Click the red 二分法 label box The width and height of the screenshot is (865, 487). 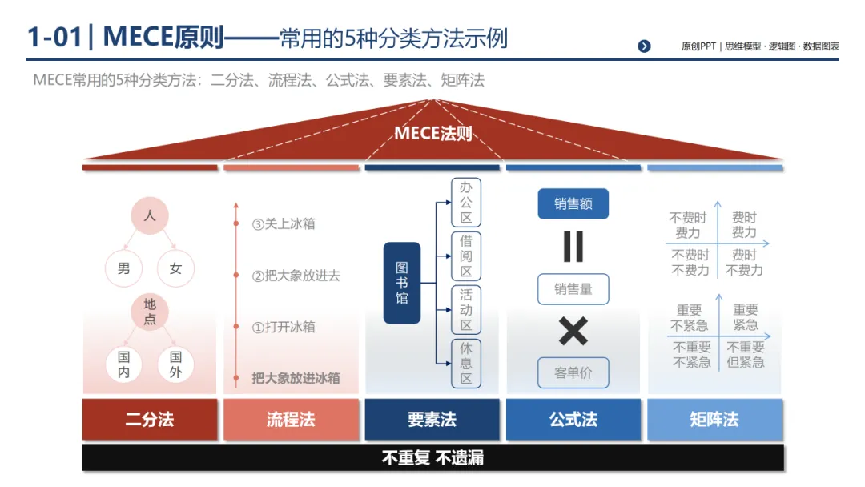150,419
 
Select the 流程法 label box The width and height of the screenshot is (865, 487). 291,419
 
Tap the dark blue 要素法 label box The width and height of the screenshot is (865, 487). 432,419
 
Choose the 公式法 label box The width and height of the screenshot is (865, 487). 573,419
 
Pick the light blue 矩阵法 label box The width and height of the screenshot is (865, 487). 714,419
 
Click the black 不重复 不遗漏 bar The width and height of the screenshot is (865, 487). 432,457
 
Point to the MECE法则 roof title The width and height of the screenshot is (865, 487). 432,133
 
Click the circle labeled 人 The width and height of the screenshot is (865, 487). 150,216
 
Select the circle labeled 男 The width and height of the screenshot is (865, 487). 123,268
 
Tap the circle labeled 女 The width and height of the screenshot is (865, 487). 175,268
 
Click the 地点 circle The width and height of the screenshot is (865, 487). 150,312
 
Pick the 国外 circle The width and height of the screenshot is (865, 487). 175,364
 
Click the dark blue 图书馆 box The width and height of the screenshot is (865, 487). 402,283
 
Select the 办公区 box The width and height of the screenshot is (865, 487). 465,203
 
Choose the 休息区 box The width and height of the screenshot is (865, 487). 465,363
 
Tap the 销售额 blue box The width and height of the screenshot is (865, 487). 573,204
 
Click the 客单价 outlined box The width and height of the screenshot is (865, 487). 573,372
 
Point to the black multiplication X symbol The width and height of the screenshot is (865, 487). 573,331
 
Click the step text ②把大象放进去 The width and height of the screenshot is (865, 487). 296,276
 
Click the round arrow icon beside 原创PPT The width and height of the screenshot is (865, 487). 645,46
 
